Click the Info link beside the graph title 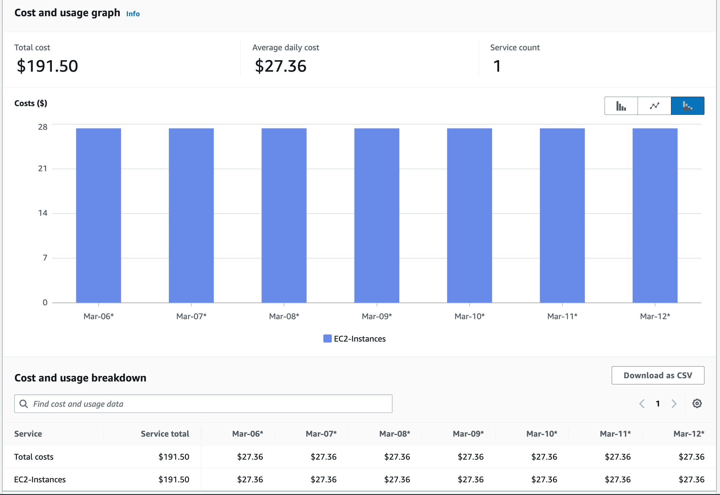click(133, 14)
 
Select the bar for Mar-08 click(284, 215)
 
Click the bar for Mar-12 click(654, 215)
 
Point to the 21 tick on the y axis click(42, 168)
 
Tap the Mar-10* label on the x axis click(469, 316)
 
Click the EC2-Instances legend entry click(354, 339)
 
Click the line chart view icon click(654, 106)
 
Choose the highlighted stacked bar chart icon click(687, 106)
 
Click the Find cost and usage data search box click(203, 404)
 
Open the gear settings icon click(697, 404)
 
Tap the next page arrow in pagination click(674, 404)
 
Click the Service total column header click(165, 434)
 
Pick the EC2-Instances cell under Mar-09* click(470, 479)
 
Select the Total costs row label click(34, 457)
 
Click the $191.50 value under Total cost click(47, 66)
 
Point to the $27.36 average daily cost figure click(281, 66)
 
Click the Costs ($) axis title click(31, 103)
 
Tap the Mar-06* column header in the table click(247, 434)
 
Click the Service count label click(515, 47)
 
